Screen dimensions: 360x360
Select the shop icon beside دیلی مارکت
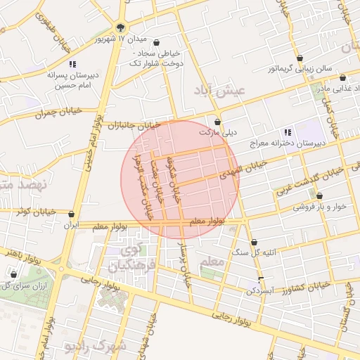[217, 121]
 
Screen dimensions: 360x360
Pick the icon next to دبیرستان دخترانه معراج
[287, 132]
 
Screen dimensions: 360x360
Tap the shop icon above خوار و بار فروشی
[320, 196]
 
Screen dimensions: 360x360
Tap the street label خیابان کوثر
[29, 213]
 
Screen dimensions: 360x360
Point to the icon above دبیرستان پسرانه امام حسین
[72, 65]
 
